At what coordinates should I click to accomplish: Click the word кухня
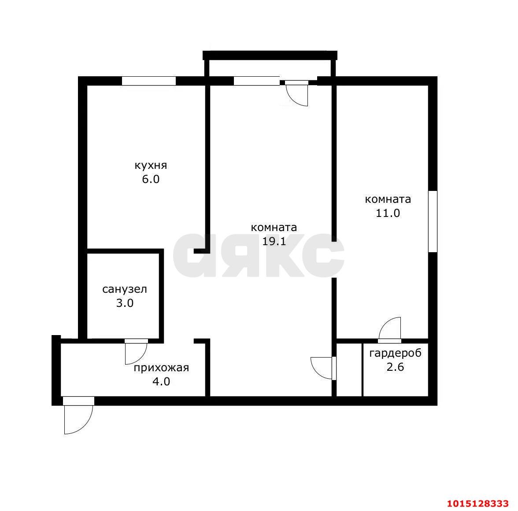point(151,165)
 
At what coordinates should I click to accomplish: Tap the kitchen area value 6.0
point(151,179)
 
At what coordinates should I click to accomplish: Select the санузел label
point(125,289)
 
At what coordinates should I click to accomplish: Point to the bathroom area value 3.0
point(125,303)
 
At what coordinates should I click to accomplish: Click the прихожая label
point(161,368)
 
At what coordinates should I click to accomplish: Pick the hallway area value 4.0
point(161,382)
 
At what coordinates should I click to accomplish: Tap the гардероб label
point(396,353)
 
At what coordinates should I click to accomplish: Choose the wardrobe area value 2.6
point(396,367)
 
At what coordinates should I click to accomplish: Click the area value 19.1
point(274,242)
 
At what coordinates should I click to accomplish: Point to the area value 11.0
point(388,213)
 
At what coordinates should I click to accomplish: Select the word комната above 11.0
point(388,199)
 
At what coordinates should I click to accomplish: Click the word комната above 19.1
point(274,228)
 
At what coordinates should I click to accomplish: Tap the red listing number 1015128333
point(477,504)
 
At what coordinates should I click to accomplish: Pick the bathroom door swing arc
point(141,358)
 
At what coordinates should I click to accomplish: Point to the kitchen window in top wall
point(149,81)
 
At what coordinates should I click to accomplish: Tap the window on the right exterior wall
point(433,222)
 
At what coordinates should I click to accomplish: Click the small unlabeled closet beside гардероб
point(349,369)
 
